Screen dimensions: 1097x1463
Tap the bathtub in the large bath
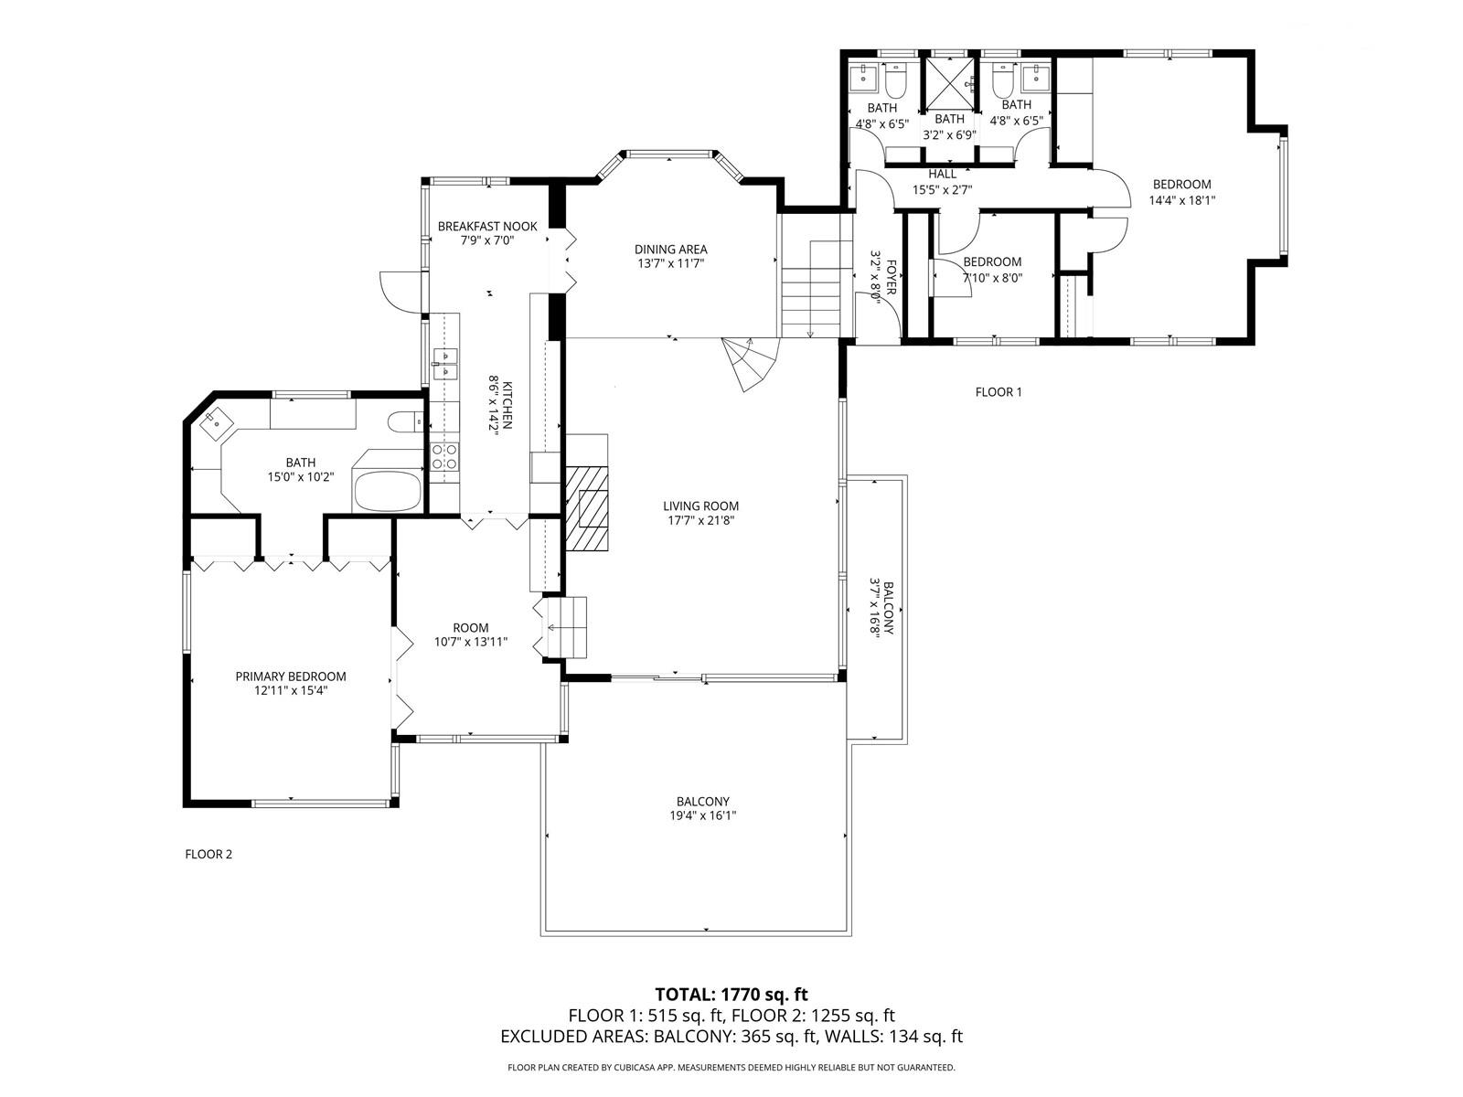pyautogui.click(x=388, y=491)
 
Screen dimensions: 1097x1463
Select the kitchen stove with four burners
pyautogui.click(x=444, y=456)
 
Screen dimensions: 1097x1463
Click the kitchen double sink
pyautogui.click(x=444, y=363)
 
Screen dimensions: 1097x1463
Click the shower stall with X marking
pyautogui.click(x=949, y=83)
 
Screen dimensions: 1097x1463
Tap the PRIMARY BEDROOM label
pyautogui.click(x=291, y=676)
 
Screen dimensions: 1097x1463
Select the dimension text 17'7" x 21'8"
pyautogui.click(x=700, y=521)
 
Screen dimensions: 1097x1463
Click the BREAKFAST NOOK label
pyautogui.click(x=487, y=226)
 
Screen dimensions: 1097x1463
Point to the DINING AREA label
pyautogui.click(x=671, y=249)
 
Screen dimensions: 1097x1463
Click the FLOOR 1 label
pyautogui.click(x=998, y=392)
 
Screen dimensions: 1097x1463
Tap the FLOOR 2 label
pyautogui.click(x=208, y=855)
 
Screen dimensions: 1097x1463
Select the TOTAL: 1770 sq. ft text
pyautogui.click(x=731, y=995)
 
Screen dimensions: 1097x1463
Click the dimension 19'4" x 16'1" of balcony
pyautogui.click(x=702, y=816)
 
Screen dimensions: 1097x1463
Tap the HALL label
pyautogui.click(x=942, y=174)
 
